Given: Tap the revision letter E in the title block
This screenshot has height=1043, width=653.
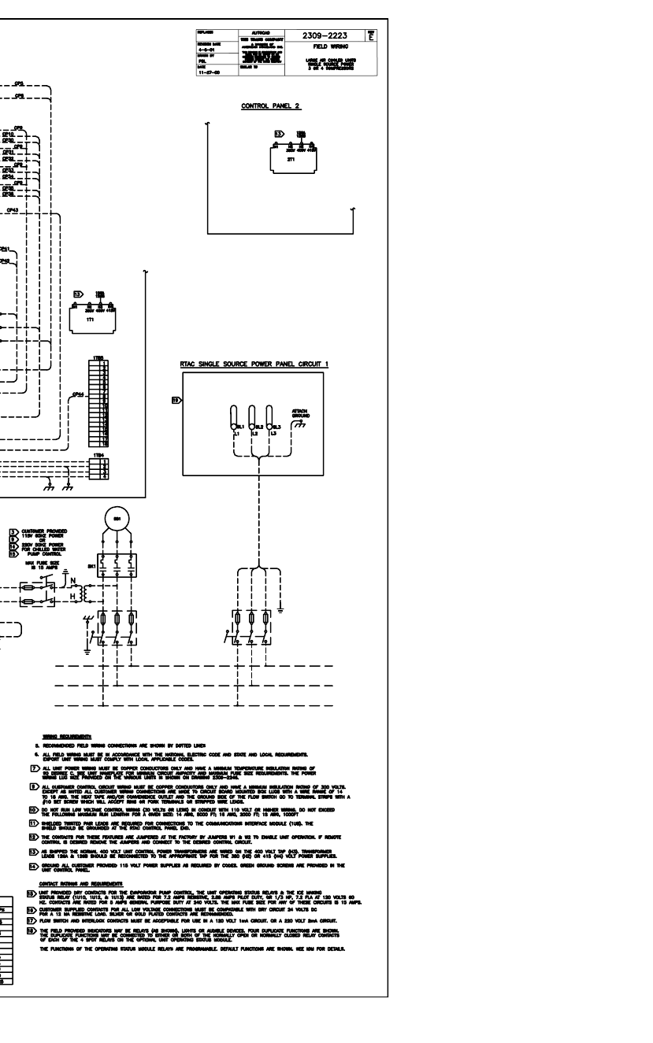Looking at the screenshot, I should [x=370, y=35].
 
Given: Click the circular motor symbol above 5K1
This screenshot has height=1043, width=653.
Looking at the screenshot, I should [x=116, y=521].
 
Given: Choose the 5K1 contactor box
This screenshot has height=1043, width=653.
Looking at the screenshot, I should [x=116, y=564].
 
